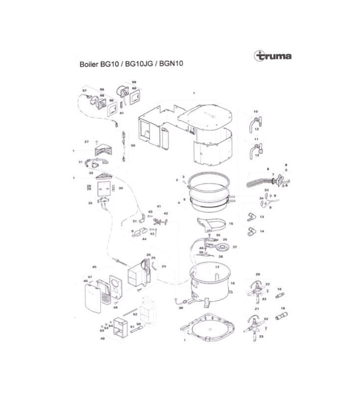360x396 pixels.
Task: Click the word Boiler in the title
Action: click(90, 64)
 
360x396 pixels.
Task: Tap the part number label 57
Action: click(85, 91)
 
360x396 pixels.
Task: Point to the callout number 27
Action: click(86, 142)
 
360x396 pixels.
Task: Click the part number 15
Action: click(230, 224)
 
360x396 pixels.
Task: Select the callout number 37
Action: click(235, 246)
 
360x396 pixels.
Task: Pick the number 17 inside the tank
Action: click(216, 267)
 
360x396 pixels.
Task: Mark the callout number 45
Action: click(94, 267)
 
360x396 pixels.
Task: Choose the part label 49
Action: click(102, 339)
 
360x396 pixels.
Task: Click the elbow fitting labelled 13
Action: click(251, 217)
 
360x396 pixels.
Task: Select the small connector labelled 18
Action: click(279, 296)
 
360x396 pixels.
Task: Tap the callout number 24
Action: click(164, 266)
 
